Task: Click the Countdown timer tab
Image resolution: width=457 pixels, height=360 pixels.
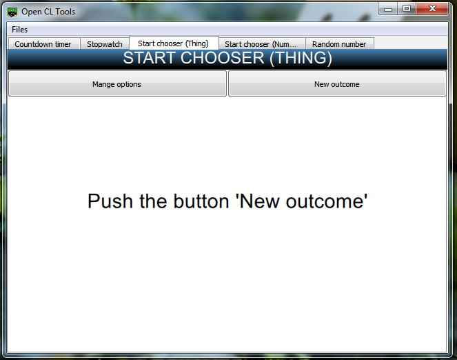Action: point(44,43)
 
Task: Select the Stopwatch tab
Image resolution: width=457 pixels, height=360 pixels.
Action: point(105,43)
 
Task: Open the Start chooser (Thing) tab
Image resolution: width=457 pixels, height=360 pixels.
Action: point(174,43)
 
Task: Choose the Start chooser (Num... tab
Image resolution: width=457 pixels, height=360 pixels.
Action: point(262,43)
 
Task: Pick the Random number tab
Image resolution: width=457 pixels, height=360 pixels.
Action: point(340,43)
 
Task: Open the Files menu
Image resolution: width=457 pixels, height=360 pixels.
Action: point(20,30)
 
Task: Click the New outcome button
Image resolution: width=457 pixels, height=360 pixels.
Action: point(337,83)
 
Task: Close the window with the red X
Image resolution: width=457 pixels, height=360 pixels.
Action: point(432,8)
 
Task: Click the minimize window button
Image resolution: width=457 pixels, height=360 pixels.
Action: point(388,9)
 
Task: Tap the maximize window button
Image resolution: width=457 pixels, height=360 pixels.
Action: point(407,8)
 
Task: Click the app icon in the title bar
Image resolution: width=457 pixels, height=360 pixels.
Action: point(12,12)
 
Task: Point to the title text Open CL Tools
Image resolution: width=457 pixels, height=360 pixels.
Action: point(48,12)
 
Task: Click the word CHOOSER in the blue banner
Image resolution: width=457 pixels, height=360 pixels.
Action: point(223,58)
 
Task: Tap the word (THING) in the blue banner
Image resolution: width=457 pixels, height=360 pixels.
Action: point(301,58)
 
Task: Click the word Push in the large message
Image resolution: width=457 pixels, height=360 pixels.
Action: point(110,201)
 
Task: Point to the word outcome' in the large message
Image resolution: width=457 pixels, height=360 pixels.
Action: point(327,201)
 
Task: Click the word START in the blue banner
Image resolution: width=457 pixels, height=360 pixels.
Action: point(149,58)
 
